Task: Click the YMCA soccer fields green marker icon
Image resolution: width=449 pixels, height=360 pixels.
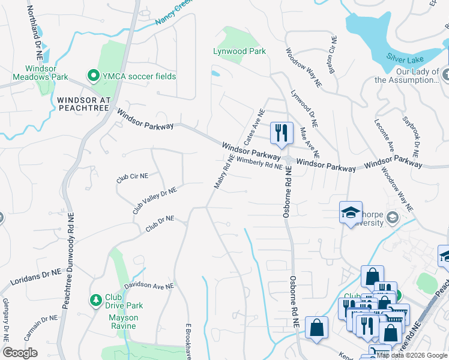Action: (94, 76)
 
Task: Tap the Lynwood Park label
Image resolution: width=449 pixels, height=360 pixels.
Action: (240, 52)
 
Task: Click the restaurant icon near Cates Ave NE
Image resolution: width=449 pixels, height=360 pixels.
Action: (282, 133)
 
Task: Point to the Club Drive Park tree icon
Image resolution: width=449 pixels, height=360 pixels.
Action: (95, 299)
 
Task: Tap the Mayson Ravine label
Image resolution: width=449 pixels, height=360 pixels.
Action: (123, 322)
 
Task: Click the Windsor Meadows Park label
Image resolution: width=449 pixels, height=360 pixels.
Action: (34, 73)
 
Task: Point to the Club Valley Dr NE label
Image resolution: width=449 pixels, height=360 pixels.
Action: (154, 200)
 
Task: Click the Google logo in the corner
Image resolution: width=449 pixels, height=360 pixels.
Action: (20, 353)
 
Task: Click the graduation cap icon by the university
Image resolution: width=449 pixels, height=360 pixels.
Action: (351, 212)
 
